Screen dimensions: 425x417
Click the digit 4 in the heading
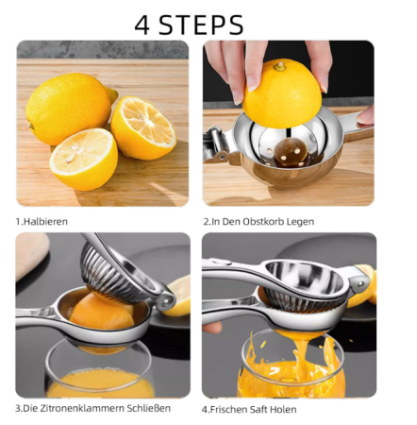pos(143,24)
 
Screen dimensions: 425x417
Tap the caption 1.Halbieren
pos(42,222)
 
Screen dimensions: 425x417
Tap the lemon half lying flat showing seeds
pos(83,158)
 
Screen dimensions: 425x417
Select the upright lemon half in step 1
pos(143,127)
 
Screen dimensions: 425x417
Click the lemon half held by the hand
pos(282,94)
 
